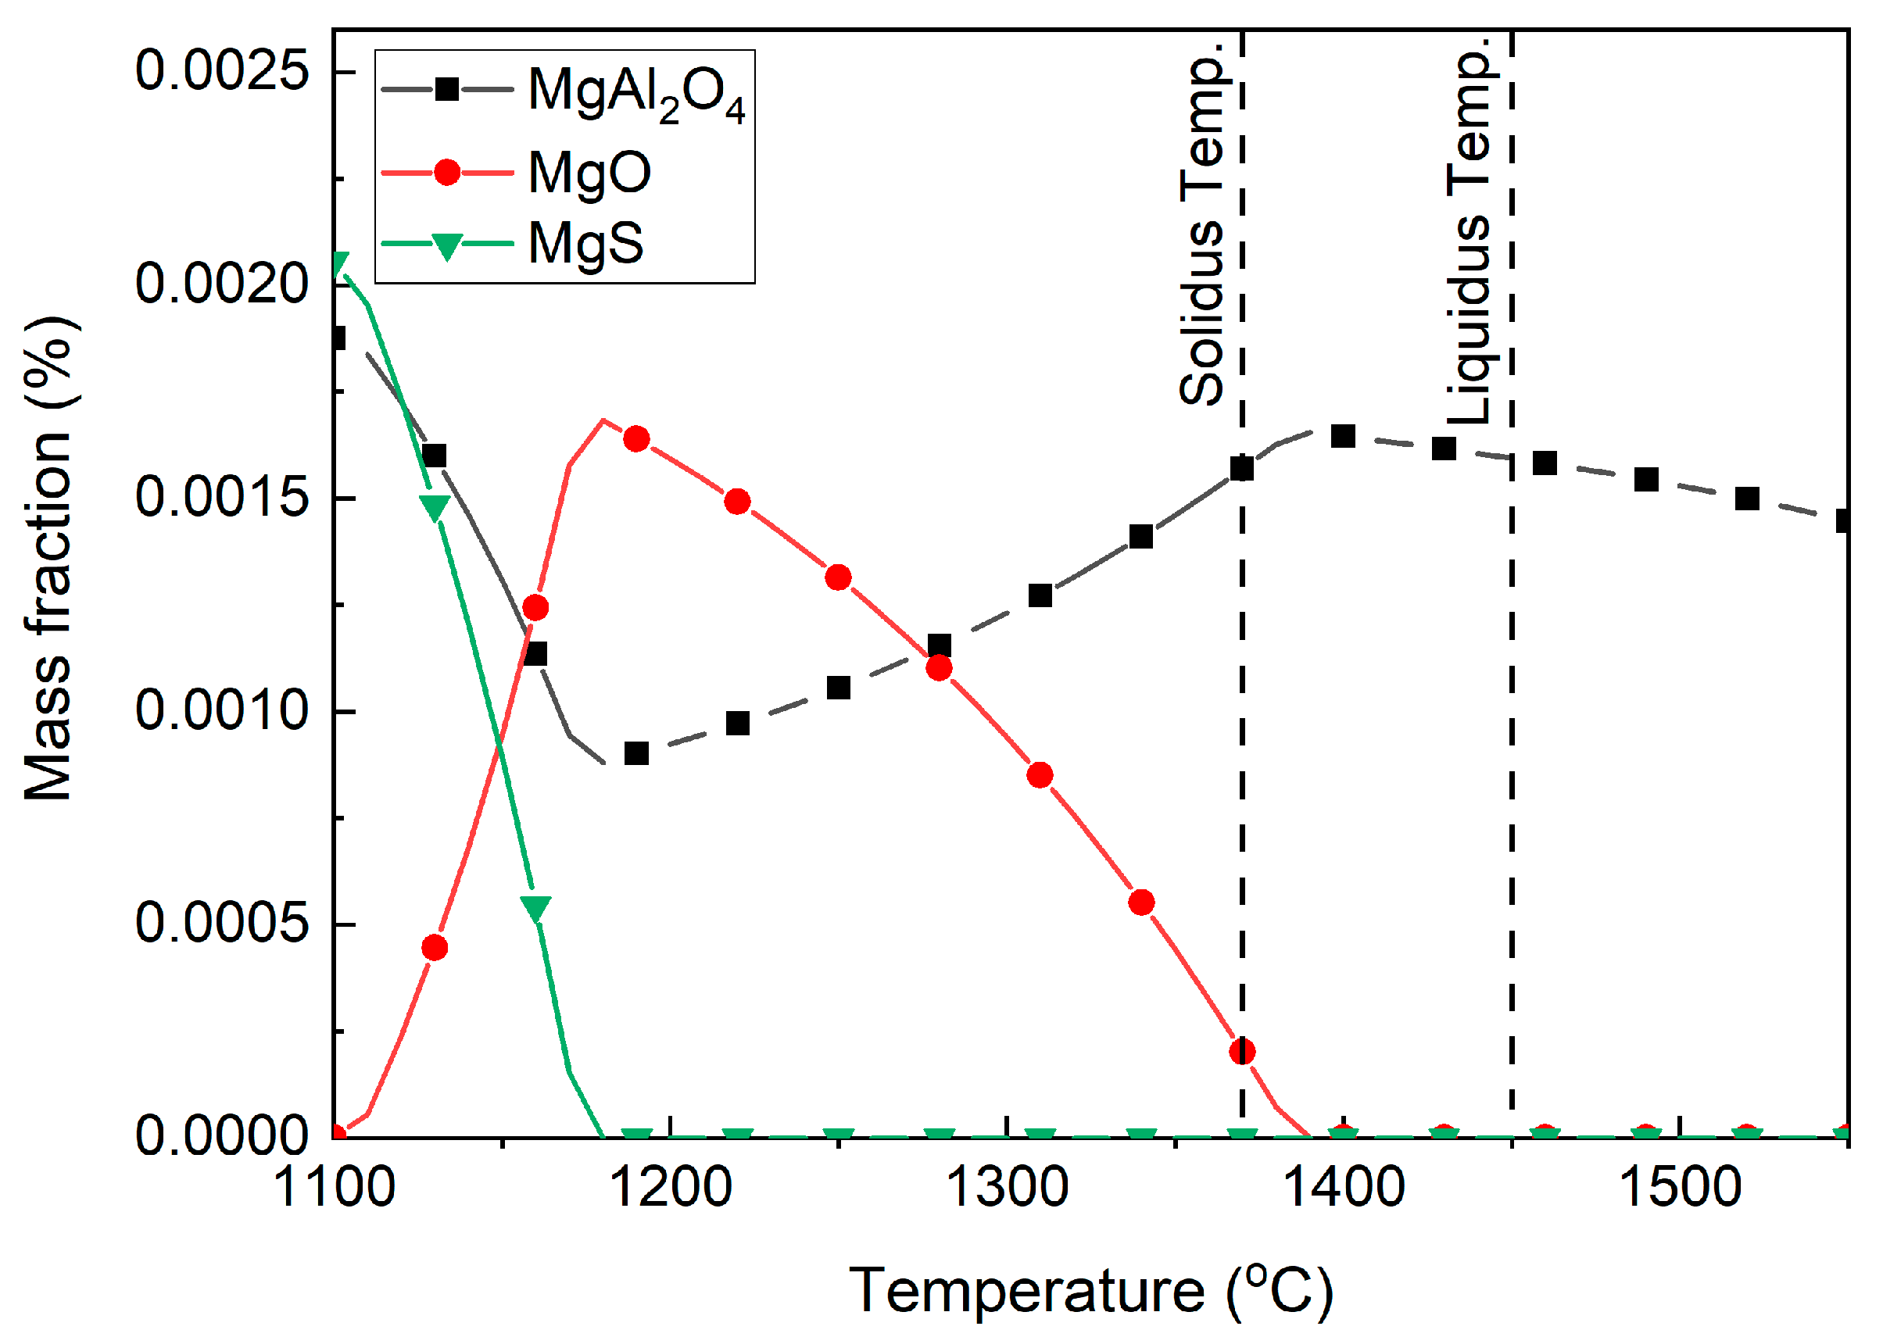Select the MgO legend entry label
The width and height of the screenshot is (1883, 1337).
(x=589, y=173)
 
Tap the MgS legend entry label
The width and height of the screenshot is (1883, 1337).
(x=585, y=244)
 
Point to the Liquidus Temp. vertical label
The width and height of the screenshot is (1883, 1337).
(x=1470, y=231)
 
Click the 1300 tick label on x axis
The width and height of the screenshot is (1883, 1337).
(x=1006, y=1188)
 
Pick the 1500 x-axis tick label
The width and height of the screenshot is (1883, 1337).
(x=1680, y=1188)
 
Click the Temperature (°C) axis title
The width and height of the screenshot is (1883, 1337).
(x=1090, y=1290)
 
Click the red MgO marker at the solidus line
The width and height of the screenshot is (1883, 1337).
(x=1241, y=1051)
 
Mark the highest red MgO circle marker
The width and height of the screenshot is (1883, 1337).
(x=635, y=439)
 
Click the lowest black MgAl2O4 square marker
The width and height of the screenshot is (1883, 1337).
(x=635, y=753)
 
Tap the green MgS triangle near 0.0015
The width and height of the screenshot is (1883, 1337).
(x=435, y=507)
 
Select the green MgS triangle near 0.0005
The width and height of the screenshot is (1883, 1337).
(x=535, y=908)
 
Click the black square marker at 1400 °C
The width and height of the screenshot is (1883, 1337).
(x=1343, y=435)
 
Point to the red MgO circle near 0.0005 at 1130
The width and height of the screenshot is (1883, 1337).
(x=435, y=948)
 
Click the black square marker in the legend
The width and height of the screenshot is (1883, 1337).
(x=446, y=89)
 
